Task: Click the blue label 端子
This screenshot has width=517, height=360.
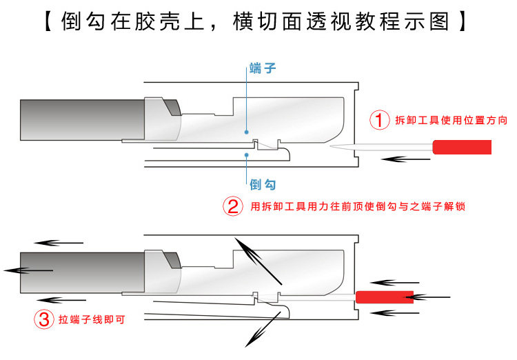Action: (263, 69)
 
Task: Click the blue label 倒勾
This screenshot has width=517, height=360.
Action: (263, 184)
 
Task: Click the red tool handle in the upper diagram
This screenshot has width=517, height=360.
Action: (462, 146)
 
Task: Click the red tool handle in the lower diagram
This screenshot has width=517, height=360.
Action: (385, 297)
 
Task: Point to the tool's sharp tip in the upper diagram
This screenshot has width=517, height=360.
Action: (333, 147)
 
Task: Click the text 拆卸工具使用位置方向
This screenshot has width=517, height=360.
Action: (452, 121)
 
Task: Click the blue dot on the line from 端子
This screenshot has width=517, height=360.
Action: (247, 130)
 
